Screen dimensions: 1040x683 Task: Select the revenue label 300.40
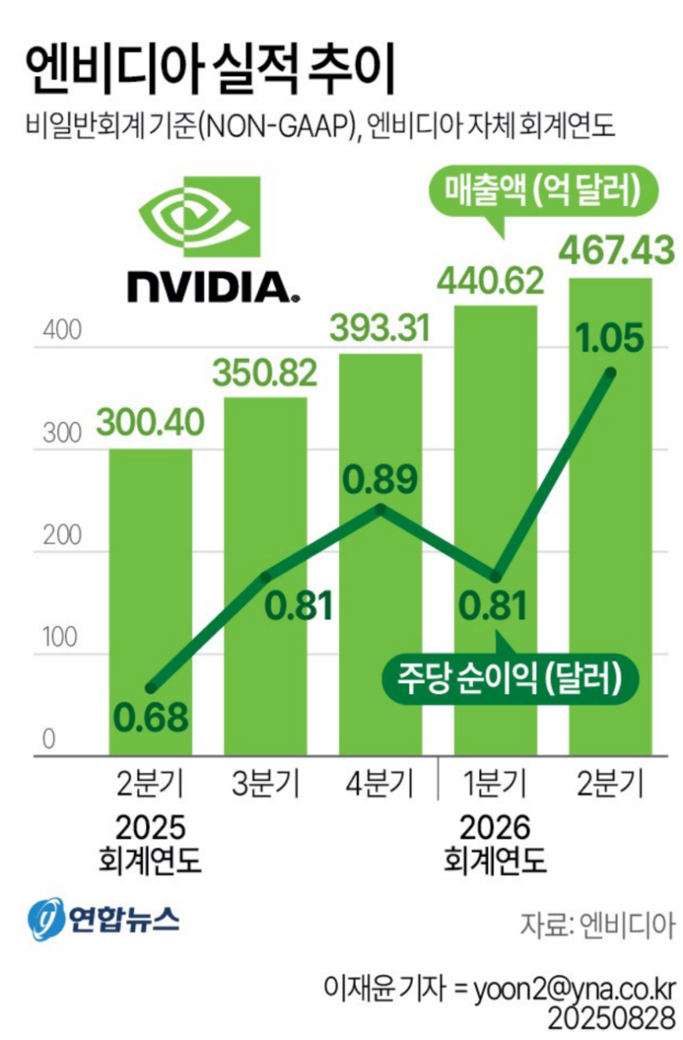point(150,420)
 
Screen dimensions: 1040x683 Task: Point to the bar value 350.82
point(265,372)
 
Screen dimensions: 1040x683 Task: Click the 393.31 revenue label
point(380,327)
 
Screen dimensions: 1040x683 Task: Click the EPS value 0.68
point(151,718)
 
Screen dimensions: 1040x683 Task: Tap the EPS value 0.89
point(380,480)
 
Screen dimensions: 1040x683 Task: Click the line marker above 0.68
point(150,688)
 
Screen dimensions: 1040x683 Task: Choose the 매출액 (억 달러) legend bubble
point(536,191)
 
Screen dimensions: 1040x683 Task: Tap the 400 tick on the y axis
point(62,332)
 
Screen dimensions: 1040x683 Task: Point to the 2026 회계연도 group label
point(494,843)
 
